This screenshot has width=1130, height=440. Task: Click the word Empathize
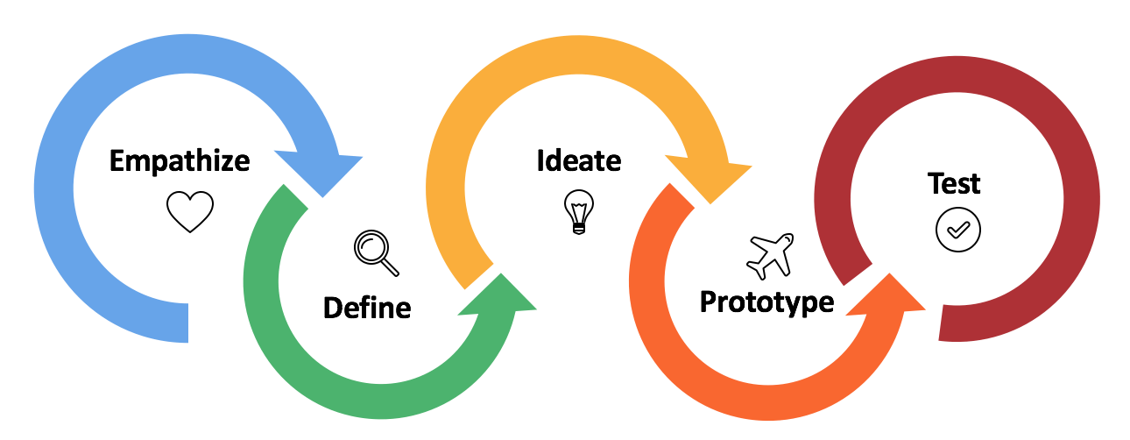point(180,162)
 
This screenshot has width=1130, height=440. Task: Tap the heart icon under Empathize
point(190,211)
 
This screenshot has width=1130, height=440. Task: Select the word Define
point(367,308)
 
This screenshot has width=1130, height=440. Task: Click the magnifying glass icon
point(377,252)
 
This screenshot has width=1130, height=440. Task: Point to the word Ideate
point(579,161)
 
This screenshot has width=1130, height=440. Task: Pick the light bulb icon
point(579,212)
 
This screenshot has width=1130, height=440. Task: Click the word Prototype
point(766,302)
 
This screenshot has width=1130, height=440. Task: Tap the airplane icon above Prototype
point(770,256)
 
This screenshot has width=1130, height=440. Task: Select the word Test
point(954,183)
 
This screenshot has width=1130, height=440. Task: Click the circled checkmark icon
point(958,230)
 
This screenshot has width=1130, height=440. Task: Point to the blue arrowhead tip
point(323,196)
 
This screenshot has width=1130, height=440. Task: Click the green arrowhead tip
point(501,274)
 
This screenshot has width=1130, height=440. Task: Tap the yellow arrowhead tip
point(710,203)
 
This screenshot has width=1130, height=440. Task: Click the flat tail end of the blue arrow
point(187,323)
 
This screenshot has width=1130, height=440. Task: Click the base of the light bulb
point(579,229)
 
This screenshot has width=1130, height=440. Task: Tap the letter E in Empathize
point(117,161)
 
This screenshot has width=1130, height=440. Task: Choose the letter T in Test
point(936,183)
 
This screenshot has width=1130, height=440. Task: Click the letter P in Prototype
point(709,302)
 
